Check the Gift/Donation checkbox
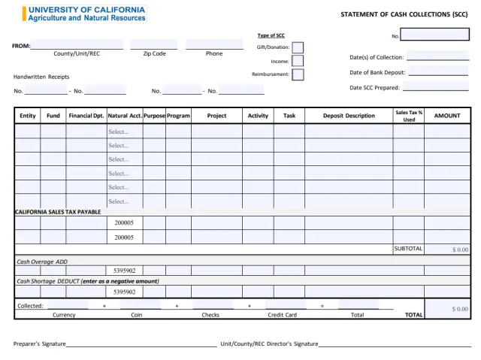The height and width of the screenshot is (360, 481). pos(298,47)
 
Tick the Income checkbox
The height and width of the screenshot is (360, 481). pos(298,61)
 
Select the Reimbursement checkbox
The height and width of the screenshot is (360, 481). pos(298,74)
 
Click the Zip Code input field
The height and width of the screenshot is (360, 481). pos(154,44)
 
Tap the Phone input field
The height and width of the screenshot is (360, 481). pos(214,44)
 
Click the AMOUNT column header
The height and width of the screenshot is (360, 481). pos(447,116)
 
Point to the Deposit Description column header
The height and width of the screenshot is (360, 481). pos(349,116)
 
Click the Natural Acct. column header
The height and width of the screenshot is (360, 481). pos(124,116)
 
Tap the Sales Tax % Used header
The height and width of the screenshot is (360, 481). pos(409,116)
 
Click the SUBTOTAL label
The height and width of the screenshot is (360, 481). pos(408,249)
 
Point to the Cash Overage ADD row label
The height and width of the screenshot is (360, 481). pos(42,262)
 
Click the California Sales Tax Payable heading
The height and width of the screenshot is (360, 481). pos(58,212)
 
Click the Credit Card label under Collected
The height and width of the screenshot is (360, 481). pos(282,315)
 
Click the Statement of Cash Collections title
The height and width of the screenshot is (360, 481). pos(404,14)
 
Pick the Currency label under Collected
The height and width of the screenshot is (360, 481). pos(64,315)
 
